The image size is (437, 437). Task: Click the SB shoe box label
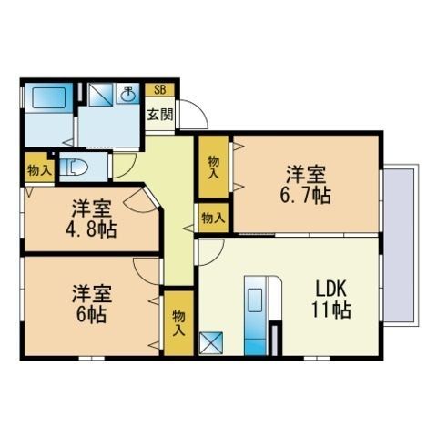[x=160, y=90]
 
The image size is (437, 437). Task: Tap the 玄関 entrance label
[x=160, y=115]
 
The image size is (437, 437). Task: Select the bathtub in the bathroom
[x=49, y=97]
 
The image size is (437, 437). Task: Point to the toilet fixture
[x=74, y=168]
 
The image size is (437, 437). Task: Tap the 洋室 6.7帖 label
[x=306, y=185]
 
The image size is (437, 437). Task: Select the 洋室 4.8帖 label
[x=91, y=218]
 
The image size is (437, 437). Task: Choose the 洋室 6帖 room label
[x=91, y=304]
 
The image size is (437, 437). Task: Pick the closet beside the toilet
[x=39, y=168]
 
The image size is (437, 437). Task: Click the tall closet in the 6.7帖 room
[x=213, y=167]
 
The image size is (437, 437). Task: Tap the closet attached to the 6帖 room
[x=178, y=323]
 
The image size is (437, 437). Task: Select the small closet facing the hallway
[x=213, y=218]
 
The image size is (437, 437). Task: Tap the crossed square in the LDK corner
[x=211, y=343]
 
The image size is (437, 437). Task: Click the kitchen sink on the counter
[x=255, y=300]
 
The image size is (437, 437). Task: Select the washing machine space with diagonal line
[x=100, y=95]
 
